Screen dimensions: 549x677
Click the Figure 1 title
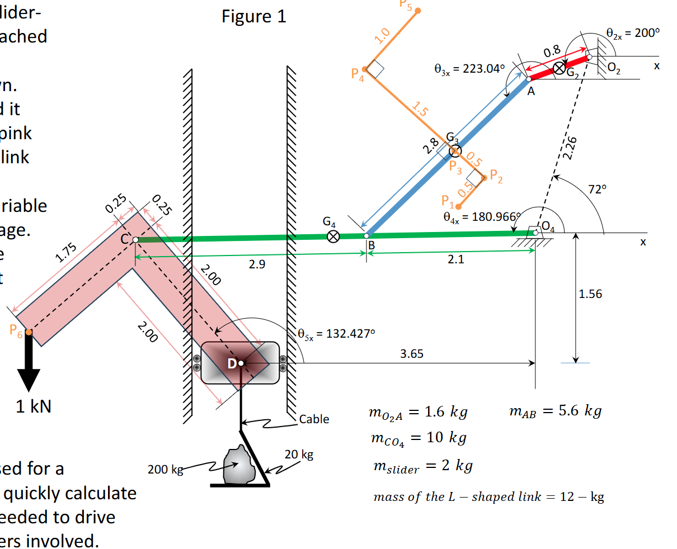[253, 16]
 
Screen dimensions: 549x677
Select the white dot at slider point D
[241, 363]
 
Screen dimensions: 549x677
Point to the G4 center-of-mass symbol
[333, 236]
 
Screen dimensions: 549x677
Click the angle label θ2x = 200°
[633, 33]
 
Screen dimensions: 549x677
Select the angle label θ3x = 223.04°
[469, 69]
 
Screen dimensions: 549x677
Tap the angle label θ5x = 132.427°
[336, 334]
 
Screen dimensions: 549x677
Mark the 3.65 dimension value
[412, 354]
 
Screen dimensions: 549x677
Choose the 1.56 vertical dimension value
[590, 294]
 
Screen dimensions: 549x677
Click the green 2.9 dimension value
[257, 264]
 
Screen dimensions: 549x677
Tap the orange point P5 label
[407, 6]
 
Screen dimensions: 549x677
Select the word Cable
[314, 419]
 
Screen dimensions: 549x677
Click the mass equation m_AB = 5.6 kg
[555, 411]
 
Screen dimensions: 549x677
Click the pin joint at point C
[135, 239]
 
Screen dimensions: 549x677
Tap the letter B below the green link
[371, 245]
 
